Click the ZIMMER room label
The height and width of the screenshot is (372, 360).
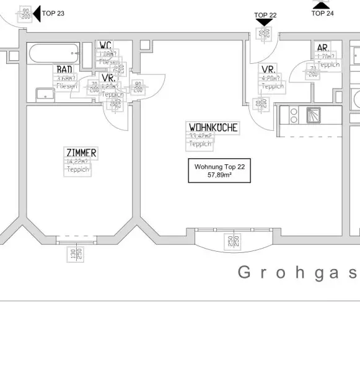(81, 153)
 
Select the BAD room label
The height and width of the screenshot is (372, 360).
(64, 70)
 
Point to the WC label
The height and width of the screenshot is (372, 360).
(105, 46)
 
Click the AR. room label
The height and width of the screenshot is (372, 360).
(323, 48)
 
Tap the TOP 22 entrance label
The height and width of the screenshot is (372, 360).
(265, 15)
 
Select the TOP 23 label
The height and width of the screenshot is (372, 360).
(53, 12)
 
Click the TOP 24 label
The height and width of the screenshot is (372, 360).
(322, 12)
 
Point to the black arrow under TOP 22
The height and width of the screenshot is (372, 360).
(265, 23)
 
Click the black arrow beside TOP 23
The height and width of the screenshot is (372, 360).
(37, 13)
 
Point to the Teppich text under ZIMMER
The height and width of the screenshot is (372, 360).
(79, 169)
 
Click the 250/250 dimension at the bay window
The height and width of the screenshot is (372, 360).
(233, 241)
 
